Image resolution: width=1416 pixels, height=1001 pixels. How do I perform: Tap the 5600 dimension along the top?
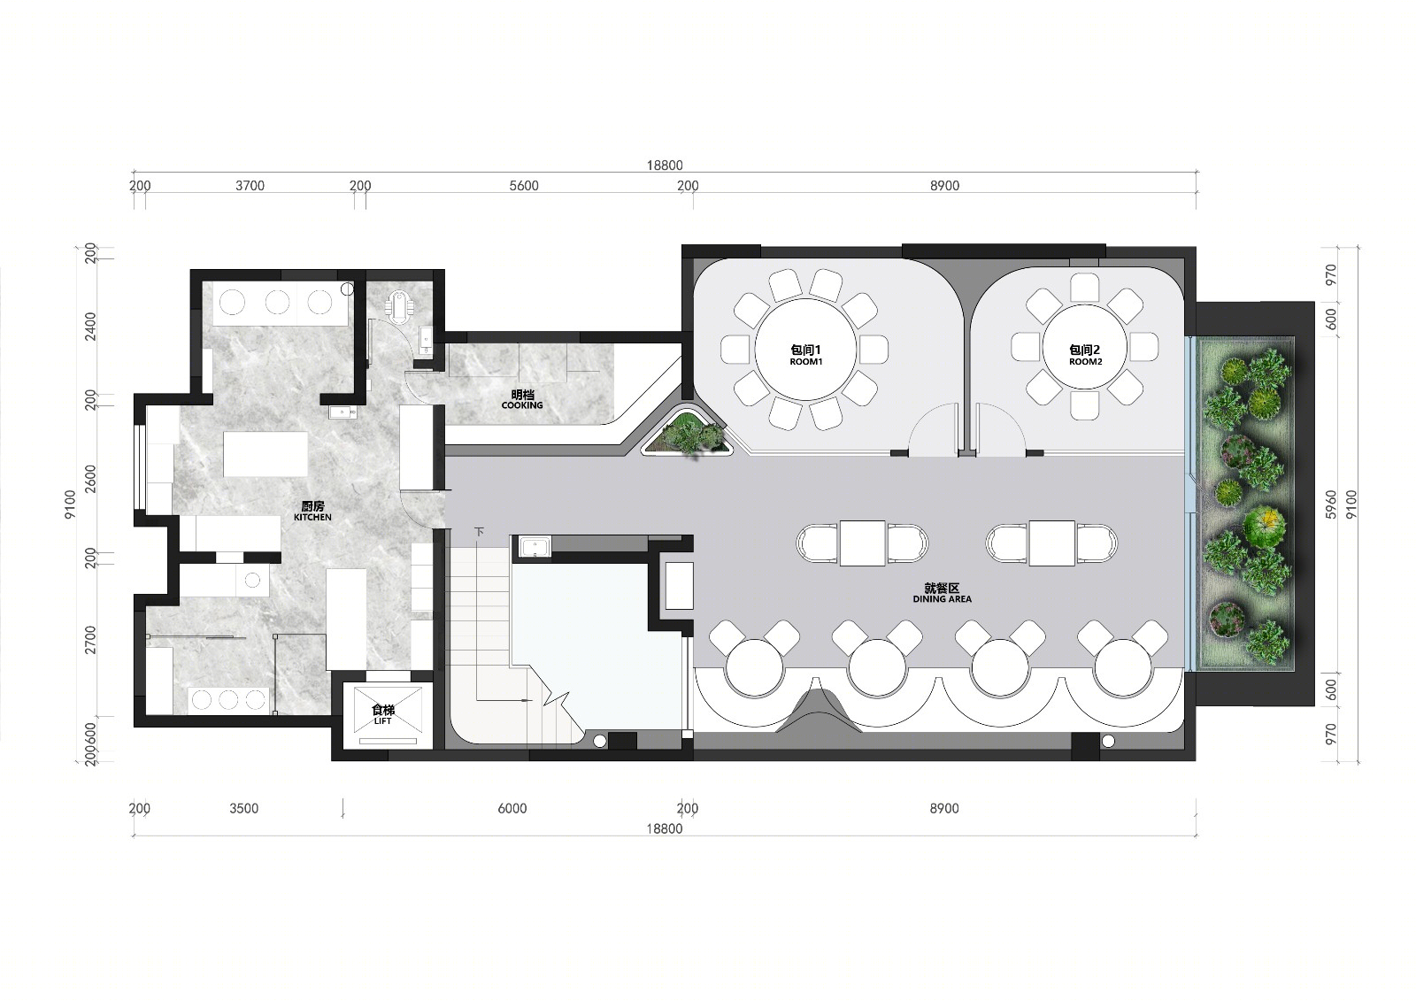click(523, 185)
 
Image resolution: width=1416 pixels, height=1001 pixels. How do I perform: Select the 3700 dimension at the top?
click(250, 185)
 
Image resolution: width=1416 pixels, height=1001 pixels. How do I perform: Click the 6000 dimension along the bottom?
click(512, 808)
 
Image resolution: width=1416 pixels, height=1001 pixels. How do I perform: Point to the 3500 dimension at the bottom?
click(244, 808)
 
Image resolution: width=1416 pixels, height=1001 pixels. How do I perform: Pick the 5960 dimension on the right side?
click(1331, 504)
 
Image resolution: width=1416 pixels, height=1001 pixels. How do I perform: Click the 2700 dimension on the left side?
click(89, 640)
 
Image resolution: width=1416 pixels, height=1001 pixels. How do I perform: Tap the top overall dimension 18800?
click(665, 165)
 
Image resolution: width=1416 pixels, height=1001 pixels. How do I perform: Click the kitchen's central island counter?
click(265, 454)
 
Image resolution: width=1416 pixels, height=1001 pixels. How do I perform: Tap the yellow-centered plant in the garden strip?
click(1265, 524)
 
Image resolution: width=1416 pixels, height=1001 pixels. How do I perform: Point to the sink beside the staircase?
click(535, 546)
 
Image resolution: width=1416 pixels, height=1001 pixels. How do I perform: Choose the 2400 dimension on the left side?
click(89, 327)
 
